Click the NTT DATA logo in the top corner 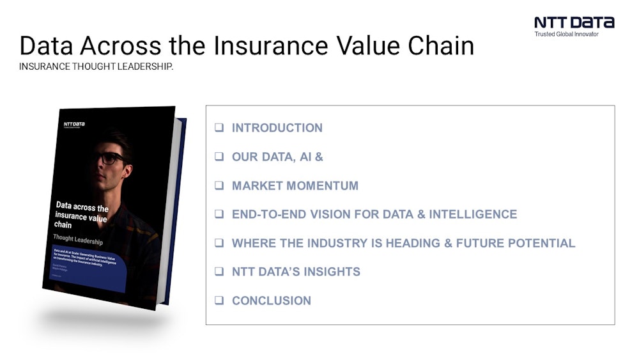click(574, 22)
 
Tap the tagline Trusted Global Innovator click(566, 34)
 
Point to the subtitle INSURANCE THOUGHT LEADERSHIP click(96, 67)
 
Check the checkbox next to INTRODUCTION click(219, 128)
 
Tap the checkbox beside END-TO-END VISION click(219, 214)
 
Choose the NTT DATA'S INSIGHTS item click(296, 272)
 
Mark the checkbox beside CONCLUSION click(219, 301)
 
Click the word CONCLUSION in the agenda click(271, 301)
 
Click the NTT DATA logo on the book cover click(74, 123)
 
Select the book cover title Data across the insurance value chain click(82, 215)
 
